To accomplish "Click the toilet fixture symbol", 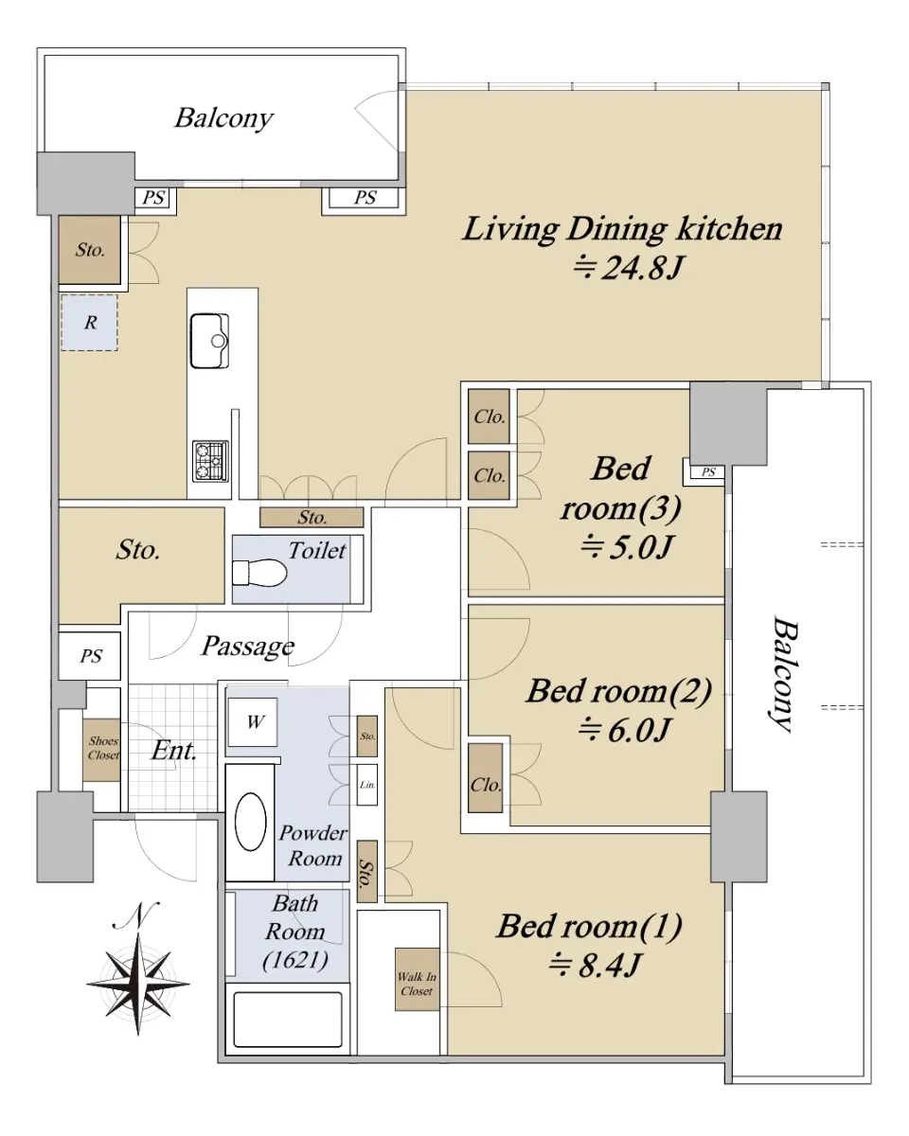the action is (259, 572).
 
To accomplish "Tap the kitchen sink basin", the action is (209, 341).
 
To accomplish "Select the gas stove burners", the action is (210, 461).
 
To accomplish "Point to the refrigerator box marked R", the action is (89, 323).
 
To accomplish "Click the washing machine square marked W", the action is (253, 721).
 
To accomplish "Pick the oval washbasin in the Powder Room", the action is (250, 821).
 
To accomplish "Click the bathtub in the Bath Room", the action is (288, 1020).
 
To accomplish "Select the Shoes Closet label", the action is (103, 748).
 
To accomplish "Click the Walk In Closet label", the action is (417, 984).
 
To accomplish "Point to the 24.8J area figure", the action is (629, 268).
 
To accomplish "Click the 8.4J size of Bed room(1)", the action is (595, 966).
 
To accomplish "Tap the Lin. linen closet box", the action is (367, 785).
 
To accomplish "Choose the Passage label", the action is (248, 647).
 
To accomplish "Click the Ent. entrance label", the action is (174, 750).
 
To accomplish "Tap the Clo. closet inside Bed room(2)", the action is (486, 785).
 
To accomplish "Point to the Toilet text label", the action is (317, 551).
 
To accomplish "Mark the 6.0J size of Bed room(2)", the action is (624, 730).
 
